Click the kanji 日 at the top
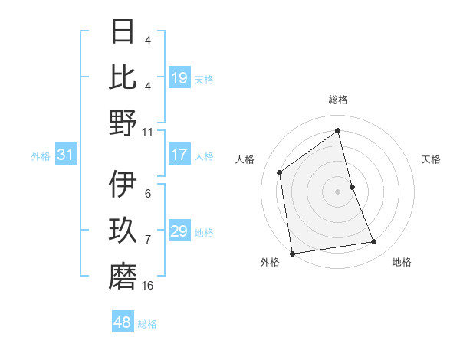[x=123, y=32]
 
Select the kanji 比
[x=123, y=77]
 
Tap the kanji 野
[x=123, y=123]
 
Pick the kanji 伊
[x=123, y=184]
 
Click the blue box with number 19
[x=179, y=78]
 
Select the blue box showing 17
[x=179, y=155]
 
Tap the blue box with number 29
[x=179, y=231]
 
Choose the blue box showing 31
[x=65, y=155]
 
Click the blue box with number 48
[x=122, y=322]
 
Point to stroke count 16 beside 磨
[x=147, y=286]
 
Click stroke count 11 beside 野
[x=147, y=131]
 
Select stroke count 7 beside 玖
[x=147, y=240]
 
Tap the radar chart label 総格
[x=338, y=100]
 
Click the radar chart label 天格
[x=432, y=159]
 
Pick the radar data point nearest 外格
[x=292, y=253]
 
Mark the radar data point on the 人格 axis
[x=280, y=172]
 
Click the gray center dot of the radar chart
[x=338, y=191]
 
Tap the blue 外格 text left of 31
[x=41, y=156]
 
